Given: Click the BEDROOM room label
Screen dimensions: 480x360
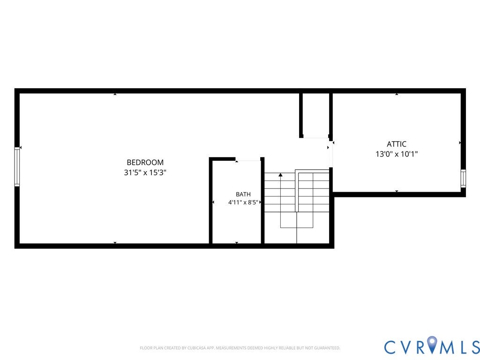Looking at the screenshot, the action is tap(145, 162).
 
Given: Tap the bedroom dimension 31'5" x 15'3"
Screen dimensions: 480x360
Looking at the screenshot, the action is tap(145, 172).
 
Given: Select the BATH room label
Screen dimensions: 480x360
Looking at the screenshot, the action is tap(243, 194).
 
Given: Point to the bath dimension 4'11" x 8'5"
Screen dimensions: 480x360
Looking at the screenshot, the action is tap(243, 202).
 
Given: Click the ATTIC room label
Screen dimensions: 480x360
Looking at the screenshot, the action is tap(397, 144).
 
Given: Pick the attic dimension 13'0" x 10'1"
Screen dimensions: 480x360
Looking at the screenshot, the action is tap(397, 154).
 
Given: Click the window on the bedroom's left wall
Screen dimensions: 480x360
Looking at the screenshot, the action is tap(17, 166).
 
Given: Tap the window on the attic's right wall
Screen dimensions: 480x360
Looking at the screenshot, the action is tap(463, 179).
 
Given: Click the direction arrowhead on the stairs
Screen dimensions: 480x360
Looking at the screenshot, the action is tap(280, 175).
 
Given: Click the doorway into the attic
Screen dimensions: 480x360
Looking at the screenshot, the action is tap(330, 154).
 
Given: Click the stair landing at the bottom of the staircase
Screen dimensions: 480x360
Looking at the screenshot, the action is tap(297, 228).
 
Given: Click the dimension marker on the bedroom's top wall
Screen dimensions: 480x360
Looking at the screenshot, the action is tap(115, 94).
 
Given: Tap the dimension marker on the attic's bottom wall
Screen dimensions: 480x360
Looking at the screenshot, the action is tap(397, 191).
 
